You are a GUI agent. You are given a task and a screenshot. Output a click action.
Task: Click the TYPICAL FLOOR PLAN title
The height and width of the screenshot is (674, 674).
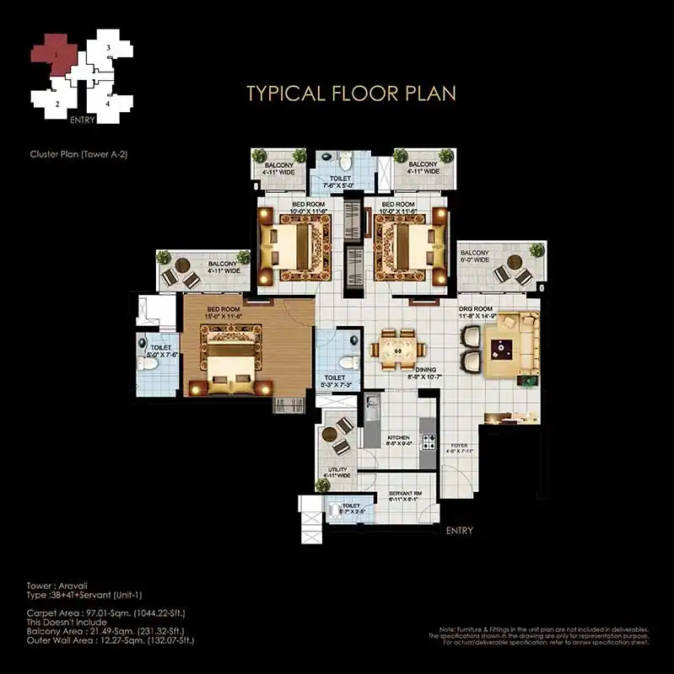point(350,93)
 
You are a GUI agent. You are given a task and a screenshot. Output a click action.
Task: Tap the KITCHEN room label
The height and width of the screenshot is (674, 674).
point(397,439)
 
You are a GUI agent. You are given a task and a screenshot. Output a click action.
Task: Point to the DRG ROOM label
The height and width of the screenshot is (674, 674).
point(475,309)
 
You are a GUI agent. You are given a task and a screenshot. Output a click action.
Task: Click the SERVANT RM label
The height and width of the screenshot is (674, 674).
point(404,494)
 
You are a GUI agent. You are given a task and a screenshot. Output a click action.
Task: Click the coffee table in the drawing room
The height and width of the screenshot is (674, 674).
point(504,347)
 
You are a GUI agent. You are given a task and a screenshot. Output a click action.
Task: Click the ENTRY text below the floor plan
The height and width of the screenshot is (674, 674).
point(459,531)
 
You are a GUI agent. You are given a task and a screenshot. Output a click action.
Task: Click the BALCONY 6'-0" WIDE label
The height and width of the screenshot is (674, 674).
point(474,256)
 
